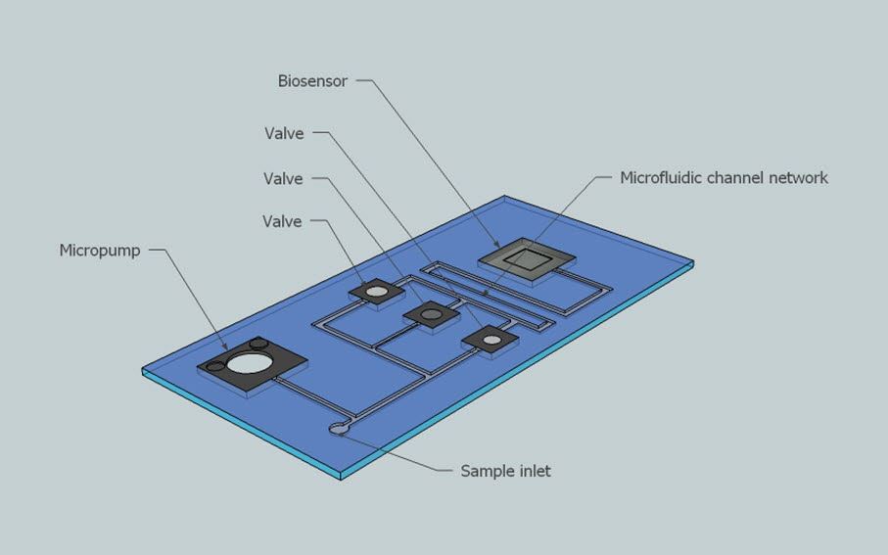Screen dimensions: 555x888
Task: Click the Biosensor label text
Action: pyautogui.click(x=312, y=81)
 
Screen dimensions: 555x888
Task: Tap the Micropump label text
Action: pyautogui.click(x=100, y=251)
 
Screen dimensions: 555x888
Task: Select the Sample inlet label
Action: pyautogui.click(x=505, y=471)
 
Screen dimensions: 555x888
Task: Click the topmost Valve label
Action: pyautogui.click(x=284, y=134)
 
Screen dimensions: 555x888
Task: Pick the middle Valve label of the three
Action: pyautogui.click(x=283, y=179)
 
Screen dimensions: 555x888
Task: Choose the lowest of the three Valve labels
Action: pyautogui.click(x=282, y=222)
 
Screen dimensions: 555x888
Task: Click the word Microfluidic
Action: pyautogui.click(x=661, y=178)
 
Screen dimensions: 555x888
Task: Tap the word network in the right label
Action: pyautogui.click(x=798, y=178)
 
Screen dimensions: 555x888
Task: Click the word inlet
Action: pyautogui.click(x=534, y=471)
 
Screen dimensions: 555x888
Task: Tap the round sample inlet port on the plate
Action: pyautogui.click(x=338, y=428)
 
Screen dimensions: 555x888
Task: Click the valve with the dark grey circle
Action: pyautogui.click(x=431, y=314)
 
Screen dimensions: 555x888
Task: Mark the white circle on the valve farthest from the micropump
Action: pyautogui.click(x=491, y=341)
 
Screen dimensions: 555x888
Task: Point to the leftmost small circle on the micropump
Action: pyautogui.click(x=216, y=366)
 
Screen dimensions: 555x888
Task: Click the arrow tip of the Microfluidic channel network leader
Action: pyautogui.click(x=487, y=291)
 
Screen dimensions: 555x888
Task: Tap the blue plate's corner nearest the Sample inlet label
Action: pyautogui.click(x=342, y=477)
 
